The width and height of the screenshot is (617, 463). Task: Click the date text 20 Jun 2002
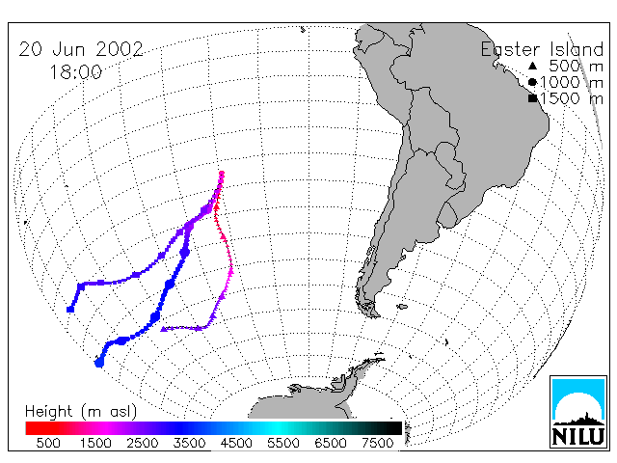81,49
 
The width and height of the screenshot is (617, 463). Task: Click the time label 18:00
75,72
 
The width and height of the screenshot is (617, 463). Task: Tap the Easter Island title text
542,49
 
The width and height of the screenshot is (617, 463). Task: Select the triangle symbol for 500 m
532,66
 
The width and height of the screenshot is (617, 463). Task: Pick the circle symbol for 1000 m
532,82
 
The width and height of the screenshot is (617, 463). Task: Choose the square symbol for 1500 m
533,98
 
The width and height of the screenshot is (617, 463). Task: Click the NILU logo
578,412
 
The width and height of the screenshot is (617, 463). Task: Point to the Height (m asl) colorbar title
81,412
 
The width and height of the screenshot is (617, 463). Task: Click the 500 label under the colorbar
48,443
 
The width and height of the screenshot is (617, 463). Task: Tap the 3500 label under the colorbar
189,443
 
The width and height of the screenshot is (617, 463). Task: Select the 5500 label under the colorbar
283,443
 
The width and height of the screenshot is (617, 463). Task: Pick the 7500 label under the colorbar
377,443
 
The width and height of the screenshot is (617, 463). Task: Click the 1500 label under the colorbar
95,443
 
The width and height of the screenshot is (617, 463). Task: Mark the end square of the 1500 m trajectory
70,310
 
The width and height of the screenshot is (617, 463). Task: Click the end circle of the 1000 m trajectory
99,363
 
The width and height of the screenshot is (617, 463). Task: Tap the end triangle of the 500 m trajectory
163,329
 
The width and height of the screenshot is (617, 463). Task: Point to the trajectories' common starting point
222,174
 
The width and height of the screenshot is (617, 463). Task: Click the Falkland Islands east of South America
402,307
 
